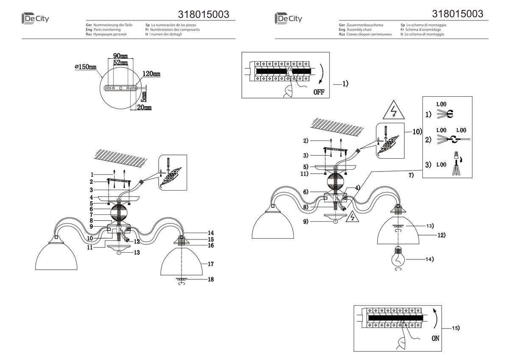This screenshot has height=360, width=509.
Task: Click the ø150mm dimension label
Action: [x=85, y=67]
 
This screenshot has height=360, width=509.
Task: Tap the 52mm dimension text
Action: [x=120, y=63]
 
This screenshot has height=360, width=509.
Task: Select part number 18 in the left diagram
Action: [x=211, y=279]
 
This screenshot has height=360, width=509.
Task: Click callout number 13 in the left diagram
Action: [x=136, y=252]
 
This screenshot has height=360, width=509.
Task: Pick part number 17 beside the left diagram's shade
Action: [x=211, y=264]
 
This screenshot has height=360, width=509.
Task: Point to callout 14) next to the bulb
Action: [x=429, y=259]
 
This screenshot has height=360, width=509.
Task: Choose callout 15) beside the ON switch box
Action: [x=456, y=328]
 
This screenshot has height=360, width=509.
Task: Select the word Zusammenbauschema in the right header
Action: [x=364, y=25]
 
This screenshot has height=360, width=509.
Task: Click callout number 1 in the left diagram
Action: [x=91, y=174]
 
